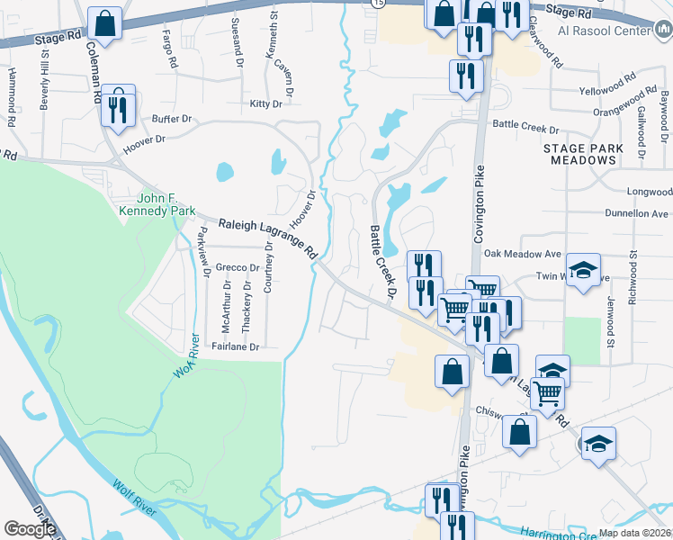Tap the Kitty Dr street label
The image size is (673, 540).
coord(266,104)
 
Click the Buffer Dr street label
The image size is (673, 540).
coord(173,118)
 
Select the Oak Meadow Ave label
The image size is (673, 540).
coord(548,253)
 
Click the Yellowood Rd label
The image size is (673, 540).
coord(602,91)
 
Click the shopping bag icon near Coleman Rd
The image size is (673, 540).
coord(105,25)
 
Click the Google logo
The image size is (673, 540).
coord(30,529)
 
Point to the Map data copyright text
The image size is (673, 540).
coord(635,533)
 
